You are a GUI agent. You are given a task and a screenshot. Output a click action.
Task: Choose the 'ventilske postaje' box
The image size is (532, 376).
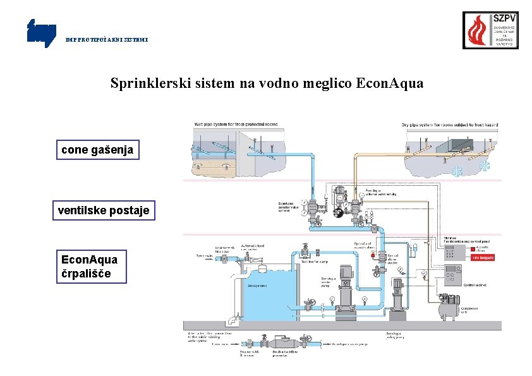tap(104, 210)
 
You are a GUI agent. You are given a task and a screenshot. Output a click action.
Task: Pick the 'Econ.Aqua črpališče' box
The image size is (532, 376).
tap(91, 267)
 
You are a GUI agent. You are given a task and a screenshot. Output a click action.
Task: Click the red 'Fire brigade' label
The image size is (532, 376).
tap(482, 257)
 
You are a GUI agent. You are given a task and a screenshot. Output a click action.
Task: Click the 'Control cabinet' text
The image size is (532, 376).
tap(475, 286)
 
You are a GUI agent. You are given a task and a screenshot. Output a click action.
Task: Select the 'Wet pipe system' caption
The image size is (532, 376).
tap(236, 124)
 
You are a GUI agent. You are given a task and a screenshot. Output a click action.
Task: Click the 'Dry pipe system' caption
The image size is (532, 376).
tap(449, 124)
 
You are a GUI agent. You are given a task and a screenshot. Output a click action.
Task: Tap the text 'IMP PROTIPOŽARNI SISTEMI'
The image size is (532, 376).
tap(107, 39)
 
